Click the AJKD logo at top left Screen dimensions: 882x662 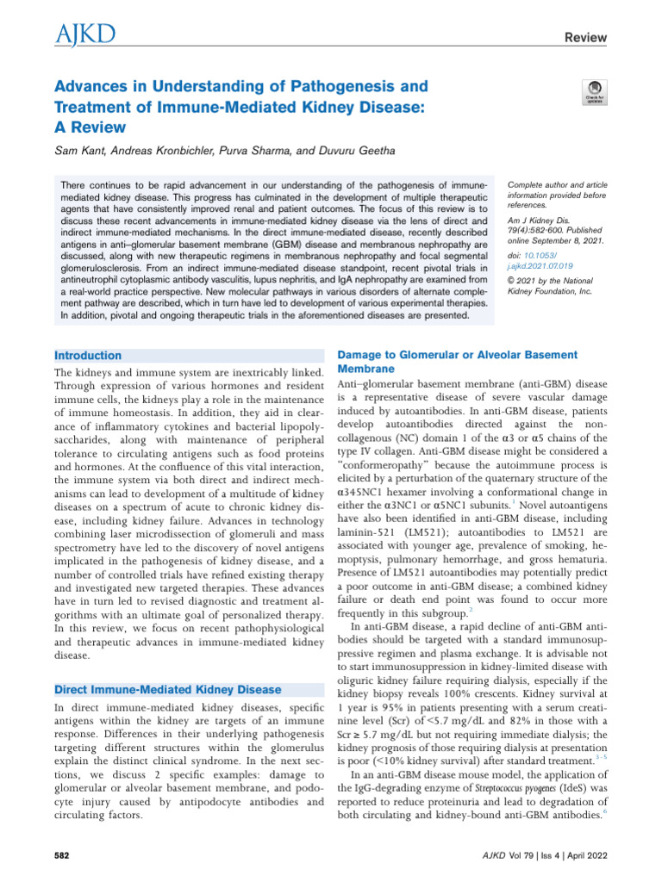(85, 35)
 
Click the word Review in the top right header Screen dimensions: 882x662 (585, 38)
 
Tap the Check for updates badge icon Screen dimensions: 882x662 (595, 93)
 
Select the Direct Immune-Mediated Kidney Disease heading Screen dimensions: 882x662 (167, 689)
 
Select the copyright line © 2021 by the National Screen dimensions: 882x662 (552, 280)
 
